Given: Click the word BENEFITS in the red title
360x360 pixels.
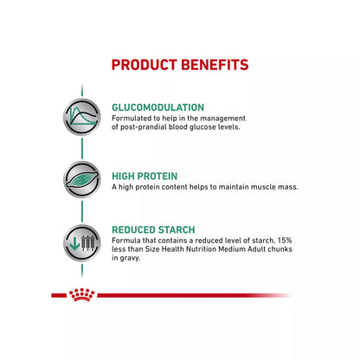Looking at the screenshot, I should (216, 65).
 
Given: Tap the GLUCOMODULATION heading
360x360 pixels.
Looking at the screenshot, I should (157, 107).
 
